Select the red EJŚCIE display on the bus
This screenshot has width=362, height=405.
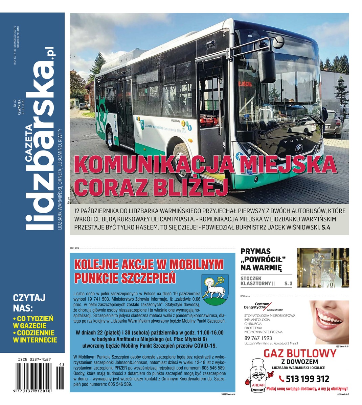click(x=245, y=84)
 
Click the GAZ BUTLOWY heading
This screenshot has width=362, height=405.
click(x=300, y=353)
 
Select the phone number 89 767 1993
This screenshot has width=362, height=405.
click(x=258, y=338)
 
